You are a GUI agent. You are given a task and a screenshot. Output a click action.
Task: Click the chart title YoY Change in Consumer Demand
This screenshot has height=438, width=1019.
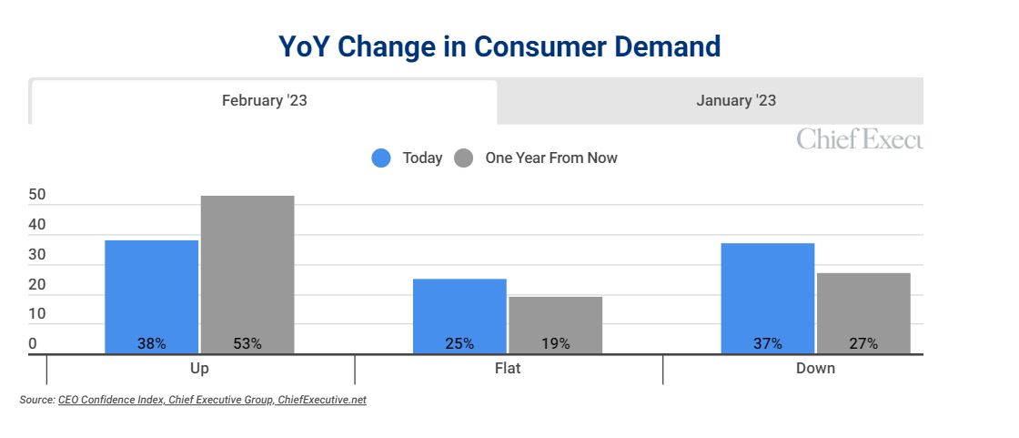(x=499, y=46)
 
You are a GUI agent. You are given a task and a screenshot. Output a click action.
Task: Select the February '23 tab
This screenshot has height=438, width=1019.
(x=264, y=101)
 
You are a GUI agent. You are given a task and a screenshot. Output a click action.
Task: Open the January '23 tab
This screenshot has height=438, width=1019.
(x=736, y=101)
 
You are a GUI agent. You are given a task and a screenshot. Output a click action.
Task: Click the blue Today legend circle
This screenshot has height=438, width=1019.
(x=381, y=158)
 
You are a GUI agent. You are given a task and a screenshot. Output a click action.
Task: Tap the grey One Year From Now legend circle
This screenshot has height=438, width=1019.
(x=463, y=158)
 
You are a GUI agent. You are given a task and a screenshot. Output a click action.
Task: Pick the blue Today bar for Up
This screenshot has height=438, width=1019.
(x=151, y=297)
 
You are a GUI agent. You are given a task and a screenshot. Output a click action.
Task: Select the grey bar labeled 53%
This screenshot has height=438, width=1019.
(x=247, y=275)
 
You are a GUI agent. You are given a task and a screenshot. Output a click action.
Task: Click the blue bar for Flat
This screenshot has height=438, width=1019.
(x=459, y=316)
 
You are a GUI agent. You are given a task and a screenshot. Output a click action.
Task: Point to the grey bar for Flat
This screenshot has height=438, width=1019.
(x=556, y=325)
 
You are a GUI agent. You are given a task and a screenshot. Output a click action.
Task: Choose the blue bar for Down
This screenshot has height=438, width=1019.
(x=768, y=299)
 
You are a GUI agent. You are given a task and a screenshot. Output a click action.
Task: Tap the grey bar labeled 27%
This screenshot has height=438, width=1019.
(x=863, y=313)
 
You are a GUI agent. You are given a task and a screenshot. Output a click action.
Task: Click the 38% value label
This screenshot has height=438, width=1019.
(x=151, y=343)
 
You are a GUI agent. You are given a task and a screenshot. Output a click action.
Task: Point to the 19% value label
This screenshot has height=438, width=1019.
(x=556, y=343)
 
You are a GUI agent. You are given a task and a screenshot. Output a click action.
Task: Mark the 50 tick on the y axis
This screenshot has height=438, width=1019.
(x=37, y=196)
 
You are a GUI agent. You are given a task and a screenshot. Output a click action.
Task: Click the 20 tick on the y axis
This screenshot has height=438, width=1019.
(x=37, y=284)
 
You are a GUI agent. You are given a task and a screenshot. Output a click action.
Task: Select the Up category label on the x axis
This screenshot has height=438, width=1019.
(x=199, y=369)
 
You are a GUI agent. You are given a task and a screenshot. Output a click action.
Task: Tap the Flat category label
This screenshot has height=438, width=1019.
(x=508, y=369)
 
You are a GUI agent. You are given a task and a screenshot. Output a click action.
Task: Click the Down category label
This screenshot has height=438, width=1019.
(x=815, y=369)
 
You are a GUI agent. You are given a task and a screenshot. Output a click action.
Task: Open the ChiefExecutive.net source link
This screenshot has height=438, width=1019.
(x=322, y=400)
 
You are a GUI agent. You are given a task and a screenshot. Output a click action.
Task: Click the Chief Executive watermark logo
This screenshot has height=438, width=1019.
(x=860, y=138)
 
